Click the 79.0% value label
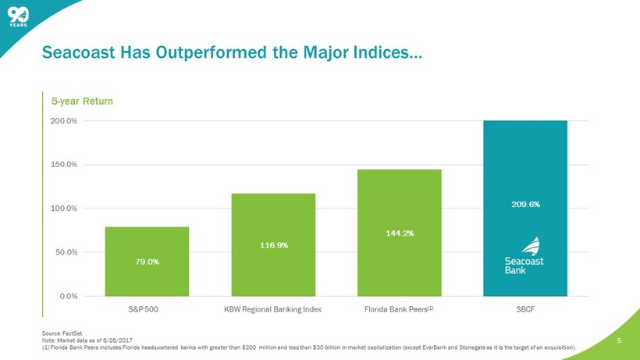point(147,261)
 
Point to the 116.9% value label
point(273,245)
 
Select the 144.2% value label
point(399,233)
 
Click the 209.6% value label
point(525,204)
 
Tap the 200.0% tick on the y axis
point(65,121)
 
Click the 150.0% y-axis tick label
point(65,165)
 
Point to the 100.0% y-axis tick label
point(65,209)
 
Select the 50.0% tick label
point(67,252)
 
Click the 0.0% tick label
point(69,296)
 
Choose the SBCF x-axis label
point(525,309)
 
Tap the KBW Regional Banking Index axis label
point(272,309)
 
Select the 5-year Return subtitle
point(82,102)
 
